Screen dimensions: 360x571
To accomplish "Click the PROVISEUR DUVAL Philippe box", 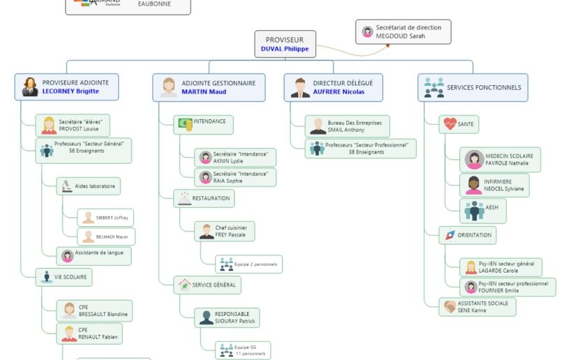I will [x=284, y=44].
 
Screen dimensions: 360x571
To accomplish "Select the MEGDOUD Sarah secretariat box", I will [x=403, y=31].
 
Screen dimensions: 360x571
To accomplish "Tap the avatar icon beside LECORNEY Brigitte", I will [x=30, y=87].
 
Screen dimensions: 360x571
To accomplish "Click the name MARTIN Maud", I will [x=204, y=91].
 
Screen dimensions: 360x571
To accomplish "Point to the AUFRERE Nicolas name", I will [x=339, y=91].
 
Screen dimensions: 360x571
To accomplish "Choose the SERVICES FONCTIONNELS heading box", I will [x=473, y=87].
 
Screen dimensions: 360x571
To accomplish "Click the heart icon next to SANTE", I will [x=448, y=124].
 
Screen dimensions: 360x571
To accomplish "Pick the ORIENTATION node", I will [x=468, y=235].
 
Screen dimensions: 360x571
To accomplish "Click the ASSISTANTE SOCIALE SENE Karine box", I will [x=477, y=306].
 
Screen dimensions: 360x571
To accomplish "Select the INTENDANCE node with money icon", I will [x=203, y=123].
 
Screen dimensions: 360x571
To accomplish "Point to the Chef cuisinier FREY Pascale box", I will [x=224, y=231].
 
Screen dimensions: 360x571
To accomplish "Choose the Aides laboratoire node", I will [x=89, y=186].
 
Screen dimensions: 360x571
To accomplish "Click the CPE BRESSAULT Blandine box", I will [x=94, y=310].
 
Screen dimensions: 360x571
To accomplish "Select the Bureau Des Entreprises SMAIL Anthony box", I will [x=347, y=126].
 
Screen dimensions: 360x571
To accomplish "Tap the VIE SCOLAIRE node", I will [x=64, y=277].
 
